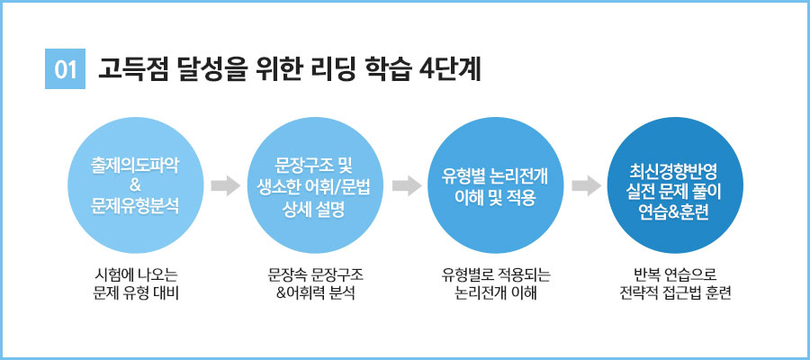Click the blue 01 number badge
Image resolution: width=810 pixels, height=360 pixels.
[64, 69]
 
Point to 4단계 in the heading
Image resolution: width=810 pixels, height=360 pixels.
[453, 69]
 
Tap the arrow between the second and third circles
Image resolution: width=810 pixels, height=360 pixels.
[407, 186]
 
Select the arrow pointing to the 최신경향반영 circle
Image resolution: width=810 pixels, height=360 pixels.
[586, 186]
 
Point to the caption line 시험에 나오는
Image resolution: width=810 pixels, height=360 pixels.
[135, 274]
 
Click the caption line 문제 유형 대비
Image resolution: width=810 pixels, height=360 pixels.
[135, 293]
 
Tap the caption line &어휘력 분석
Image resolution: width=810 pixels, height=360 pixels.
[315, 293]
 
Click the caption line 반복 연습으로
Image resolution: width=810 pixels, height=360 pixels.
[675, 274]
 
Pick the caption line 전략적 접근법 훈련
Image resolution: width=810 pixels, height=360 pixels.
[675, 293]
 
